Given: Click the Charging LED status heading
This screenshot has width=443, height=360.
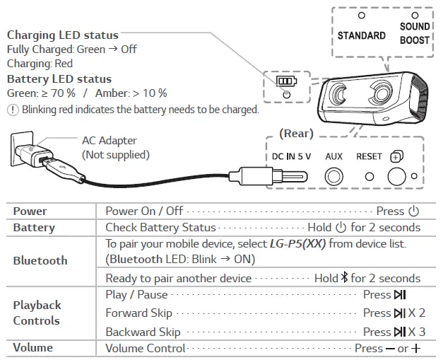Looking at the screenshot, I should pyautogui.click(x=62, y=35).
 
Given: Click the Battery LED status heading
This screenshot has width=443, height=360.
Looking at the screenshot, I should pyautogui.click(x=59, y=79).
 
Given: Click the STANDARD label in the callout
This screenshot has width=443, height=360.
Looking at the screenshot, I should pyautogui.click(x=361, y=35).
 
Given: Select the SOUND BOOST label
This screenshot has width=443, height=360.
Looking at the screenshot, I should pyautogui.click(x=414, y=33).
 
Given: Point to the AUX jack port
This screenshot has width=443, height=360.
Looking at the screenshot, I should pyautogui.click(x=333, y=177).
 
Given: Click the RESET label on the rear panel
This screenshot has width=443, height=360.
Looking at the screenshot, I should pyautogui.click(x=369, y=156).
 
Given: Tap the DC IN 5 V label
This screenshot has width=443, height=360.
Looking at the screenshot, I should pyautogui.click(x=292, y=156).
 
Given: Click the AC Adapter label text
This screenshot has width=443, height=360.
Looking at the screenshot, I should pyautogui.click(x=110, y=141).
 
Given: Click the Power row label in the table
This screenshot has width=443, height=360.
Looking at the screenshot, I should pyautogui.click(x=30, y=211).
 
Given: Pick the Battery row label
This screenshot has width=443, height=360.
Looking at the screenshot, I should pyautogui.click(x=34, y=227).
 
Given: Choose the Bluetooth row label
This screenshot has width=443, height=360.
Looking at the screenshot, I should pyautogui.click(x=40, y=260).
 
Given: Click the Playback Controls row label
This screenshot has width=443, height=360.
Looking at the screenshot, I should pyautogui.click(x=37, y=313).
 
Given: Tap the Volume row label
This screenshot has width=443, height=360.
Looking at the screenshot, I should pyautogui.click(x=33, y=348).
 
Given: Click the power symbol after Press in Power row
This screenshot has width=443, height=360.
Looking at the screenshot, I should pyautogui.click(x=413, y=211).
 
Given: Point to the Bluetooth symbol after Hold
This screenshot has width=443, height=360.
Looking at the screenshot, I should pyautogui.click(x=345, y=278).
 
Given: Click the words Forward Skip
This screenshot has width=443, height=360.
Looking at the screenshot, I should pyautogui.click(x=138, y=313).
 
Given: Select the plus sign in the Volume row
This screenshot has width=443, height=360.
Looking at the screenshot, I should pyautogui.click(x=416, y=349).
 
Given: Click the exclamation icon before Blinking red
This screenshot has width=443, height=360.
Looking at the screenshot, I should pyautogui.click(x=12, y=110).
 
